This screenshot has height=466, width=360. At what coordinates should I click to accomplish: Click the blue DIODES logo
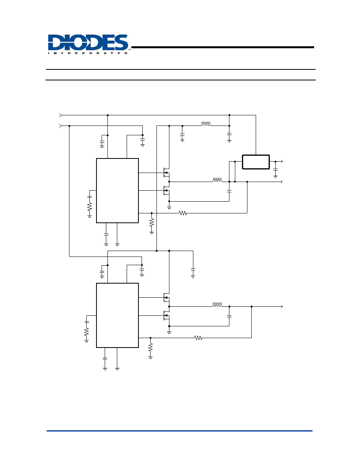coord(88,42)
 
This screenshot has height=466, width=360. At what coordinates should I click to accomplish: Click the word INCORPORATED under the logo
coord(88,53)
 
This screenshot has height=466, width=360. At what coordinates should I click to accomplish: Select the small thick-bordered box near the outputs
coord(256,162)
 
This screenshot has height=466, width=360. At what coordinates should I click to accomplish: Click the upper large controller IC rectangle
coord(117,191)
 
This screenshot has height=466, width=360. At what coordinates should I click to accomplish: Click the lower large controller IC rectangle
coord(117,315)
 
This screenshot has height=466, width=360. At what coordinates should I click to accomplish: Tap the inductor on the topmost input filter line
coord(206,124)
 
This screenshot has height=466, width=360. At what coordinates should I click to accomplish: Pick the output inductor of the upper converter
coord(217,180)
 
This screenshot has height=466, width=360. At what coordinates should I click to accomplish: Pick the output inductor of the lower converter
coord(217,305)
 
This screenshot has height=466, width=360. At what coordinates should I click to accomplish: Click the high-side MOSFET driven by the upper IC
coord(166,173)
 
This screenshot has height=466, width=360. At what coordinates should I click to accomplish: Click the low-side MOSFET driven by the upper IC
coord(166,191)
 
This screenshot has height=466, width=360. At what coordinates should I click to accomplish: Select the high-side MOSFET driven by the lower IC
coord(166,297)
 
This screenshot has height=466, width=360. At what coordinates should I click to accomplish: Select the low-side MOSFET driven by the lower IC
coord(166,315)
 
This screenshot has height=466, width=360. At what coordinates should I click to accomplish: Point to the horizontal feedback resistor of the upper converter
coord(183,213)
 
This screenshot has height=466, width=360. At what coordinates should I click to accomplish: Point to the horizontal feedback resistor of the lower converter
coord(198,338)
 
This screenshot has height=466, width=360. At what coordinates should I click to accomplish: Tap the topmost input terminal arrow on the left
coord(61,115)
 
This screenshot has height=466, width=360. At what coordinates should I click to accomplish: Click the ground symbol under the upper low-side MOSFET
coord(169,207)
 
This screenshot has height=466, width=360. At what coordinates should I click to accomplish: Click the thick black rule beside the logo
coord(223,47)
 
